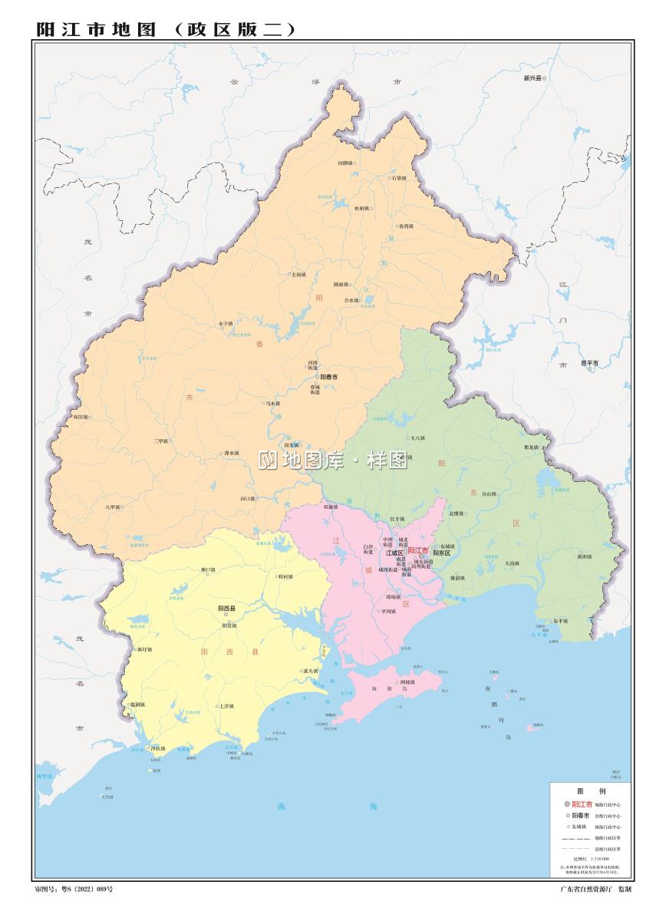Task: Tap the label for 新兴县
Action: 532,78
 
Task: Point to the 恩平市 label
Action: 589,362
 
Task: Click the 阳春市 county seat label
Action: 329,377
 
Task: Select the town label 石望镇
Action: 399,178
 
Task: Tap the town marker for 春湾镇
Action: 395,226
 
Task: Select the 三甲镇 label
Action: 160,441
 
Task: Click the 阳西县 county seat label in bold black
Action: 226,609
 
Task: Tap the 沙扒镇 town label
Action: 157,748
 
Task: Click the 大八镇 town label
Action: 417,438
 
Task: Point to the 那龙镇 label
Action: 532,447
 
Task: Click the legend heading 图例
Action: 591,791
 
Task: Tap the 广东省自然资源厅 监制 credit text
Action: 596,889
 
